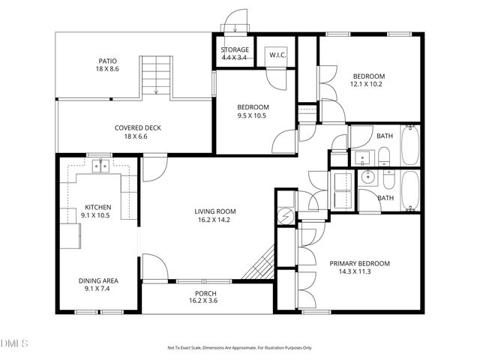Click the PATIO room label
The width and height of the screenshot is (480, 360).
click(108, 61)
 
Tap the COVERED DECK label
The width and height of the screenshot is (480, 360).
click(137, 127)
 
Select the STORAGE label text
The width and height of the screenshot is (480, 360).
click(235, 50)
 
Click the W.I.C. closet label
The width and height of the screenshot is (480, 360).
click(277, 55)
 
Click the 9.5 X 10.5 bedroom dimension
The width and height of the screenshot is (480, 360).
click(252, 116)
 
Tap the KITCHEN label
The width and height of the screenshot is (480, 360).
click(97, 206)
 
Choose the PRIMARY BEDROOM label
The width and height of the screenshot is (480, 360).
click(360, 263)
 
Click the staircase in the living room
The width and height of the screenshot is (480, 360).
click(259, 265)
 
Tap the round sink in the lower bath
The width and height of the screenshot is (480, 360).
click(367, 178)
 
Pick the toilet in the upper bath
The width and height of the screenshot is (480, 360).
click(383, 156)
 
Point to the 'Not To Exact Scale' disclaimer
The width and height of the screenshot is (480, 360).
click(239, 348)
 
